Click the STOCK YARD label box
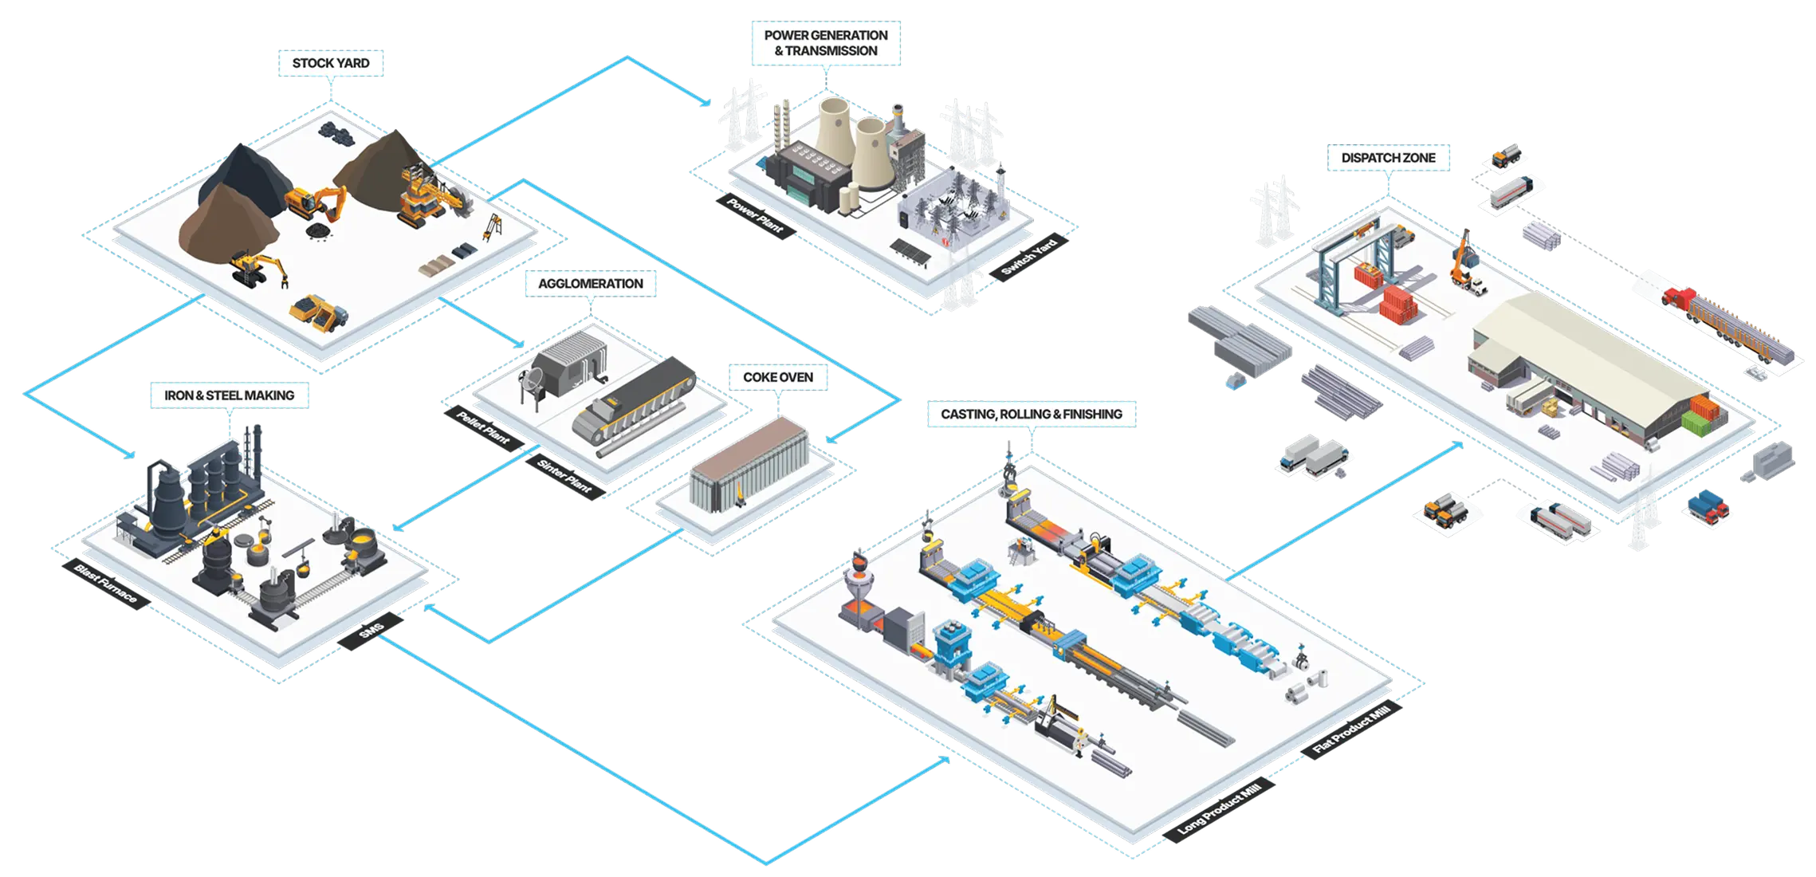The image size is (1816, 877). tap(331, 63)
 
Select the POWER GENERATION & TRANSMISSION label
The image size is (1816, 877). tap(825, 43)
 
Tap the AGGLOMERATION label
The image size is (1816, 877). tap(590, 284)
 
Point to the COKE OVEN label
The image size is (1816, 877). tap(778, 377)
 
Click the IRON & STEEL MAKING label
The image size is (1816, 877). tap(229, 395)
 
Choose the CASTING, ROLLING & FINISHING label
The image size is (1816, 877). tap(1031, 415)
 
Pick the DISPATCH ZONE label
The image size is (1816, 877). tap(1388, 158)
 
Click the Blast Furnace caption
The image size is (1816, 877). tap(105, 584)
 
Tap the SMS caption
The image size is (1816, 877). tap(371, 631)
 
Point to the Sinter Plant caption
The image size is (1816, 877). tap(564, 476)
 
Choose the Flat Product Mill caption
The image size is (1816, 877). tap(1356, 732)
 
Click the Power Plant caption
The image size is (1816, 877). tap(754, 215)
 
